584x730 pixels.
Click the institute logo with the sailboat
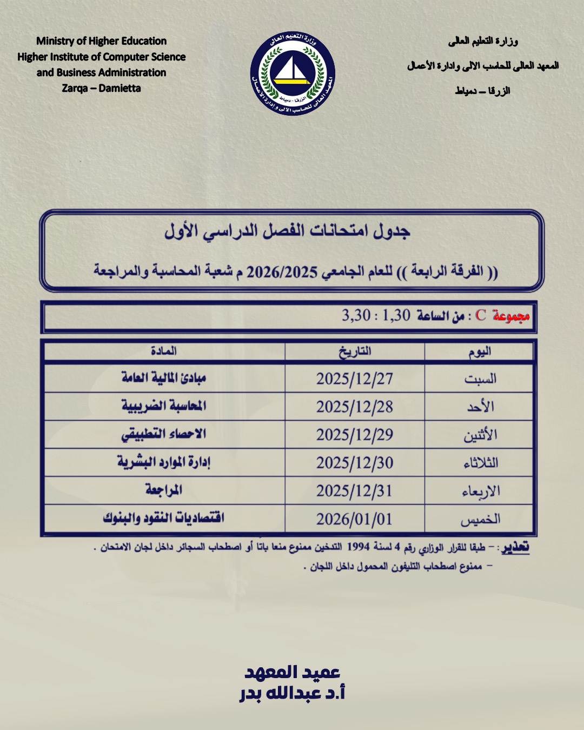coord(293,74)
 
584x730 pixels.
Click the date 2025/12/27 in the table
coord(355,379)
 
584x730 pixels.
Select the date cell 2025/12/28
coord(355,407)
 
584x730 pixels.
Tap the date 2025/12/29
coord(355,435)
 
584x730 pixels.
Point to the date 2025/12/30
coord(355,463)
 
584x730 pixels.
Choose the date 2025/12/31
coord(355,491)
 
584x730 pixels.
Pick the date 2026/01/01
coord(355,519)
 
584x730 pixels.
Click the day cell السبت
coord(480,379)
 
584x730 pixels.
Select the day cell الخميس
coord(480,519)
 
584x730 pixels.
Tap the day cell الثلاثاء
coord(480,463)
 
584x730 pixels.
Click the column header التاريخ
coord(355,351)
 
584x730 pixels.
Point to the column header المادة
coord(164,351)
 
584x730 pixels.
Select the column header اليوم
coord(480,351)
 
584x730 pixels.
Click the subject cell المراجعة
coord(164,490)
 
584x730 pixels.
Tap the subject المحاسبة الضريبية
coord(164,406)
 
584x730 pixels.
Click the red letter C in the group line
coord(481,315)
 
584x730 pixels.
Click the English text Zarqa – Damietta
coord(101,88)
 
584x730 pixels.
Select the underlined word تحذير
coord(515,547)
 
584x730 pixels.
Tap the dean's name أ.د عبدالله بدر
coord(293,693)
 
